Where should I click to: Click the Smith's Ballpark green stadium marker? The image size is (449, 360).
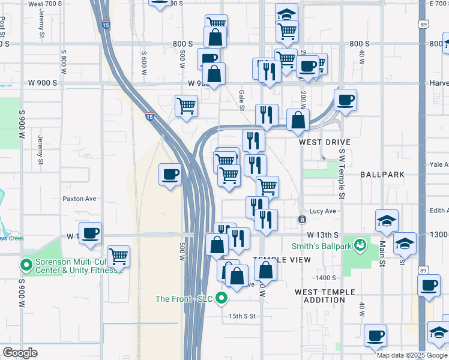coord(360,245)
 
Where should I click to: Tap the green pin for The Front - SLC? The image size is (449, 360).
coord(221,298)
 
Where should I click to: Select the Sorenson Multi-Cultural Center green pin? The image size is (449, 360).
coord(26,264)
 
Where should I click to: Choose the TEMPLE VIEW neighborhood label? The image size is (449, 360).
coord(282,259)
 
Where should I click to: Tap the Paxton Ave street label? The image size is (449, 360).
coord(79,199)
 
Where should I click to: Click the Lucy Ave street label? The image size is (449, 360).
coord(322,211)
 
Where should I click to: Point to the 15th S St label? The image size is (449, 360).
coord(242,316)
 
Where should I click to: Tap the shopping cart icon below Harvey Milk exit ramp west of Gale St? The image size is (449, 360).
coord(187,106)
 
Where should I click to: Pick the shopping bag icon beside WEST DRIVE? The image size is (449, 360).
coord(298,120)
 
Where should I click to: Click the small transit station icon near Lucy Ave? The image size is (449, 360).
coord(302,220)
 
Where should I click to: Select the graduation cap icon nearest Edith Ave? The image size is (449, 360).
coord(387,221)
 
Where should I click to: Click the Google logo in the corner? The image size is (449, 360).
coord(20,353)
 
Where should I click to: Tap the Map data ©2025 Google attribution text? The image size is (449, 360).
coord(412,355)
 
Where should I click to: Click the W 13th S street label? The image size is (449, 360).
coord(323,235)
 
